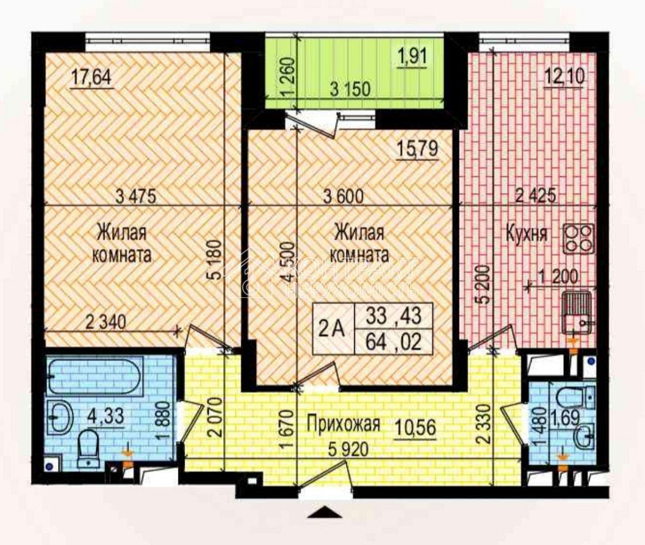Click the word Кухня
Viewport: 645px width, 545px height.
pos(527,233)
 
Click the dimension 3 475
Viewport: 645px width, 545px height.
pos(136,196)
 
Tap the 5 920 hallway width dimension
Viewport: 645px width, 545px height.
pos(342,450)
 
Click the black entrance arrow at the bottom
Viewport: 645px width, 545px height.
pos(323,512)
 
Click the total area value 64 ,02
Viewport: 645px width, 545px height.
pos(393,342)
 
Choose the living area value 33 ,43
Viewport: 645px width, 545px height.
pos(393,316)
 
